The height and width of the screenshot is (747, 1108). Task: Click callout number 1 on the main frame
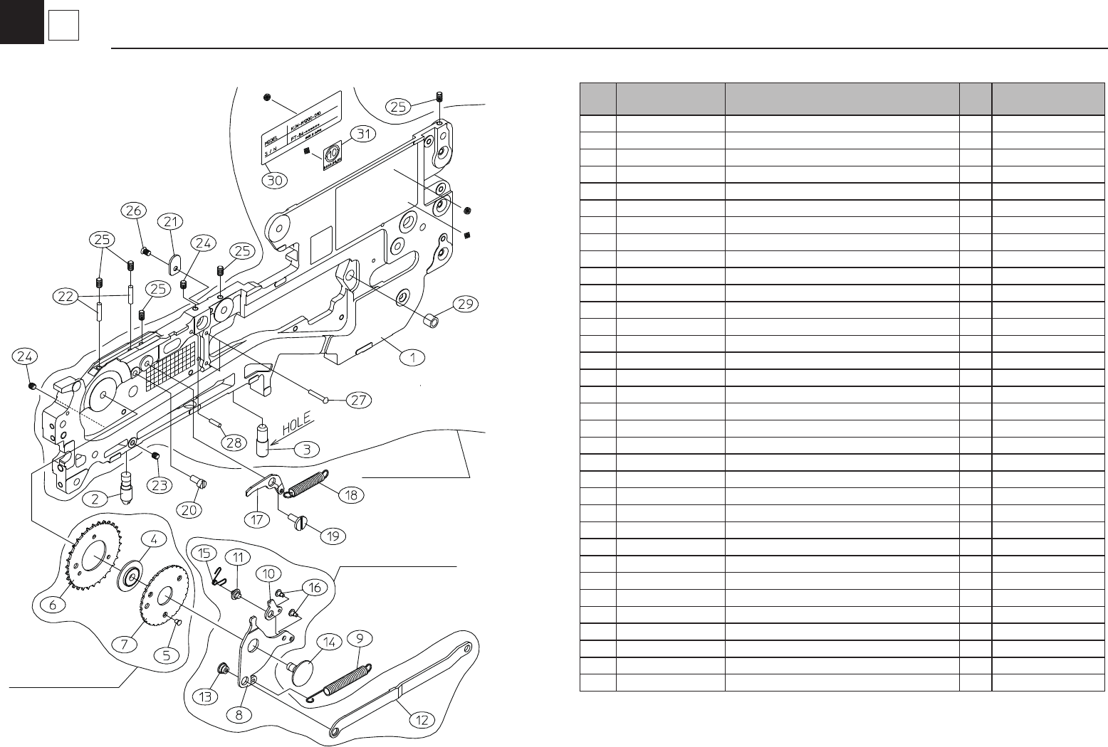(x=412, y=356)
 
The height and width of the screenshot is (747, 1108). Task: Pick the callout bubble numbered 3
(x=307, y=450)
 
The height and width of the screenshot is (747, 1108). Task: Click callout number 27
(x=357, y=400)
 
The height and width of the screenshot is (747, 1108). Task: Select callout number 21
(x=170, y=223)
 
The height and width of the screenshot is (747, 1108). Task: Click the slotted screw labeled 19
(x=298, y=524)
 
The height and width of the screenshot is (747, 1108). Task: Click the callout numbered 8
(x=243, y=714)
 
